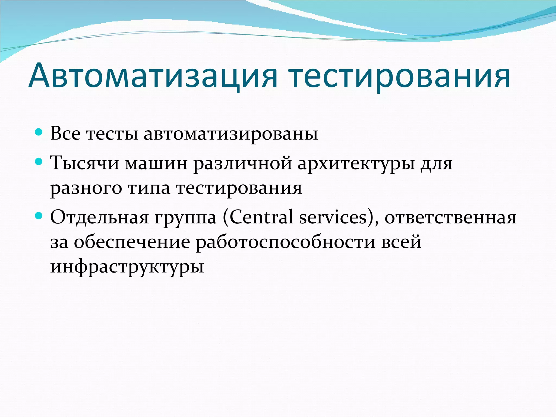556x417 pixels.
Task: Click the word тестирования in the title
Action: [399, 76]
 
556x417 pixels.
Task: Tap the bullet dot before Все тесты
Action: [39, 132]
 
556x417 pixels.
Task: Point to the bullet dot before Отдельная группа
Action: [39, 216]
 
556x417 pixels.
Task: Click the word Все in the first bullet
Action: [65, 134]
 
